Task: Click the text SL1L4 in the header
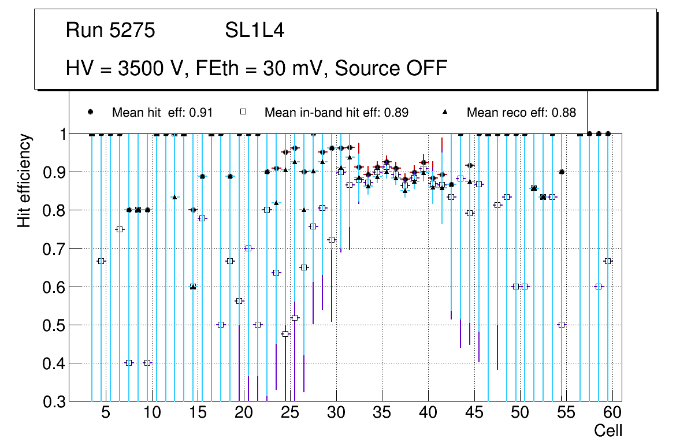click(254, 31)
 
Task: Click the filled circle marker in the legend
click(91, 112)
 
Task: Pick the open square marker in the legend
click(244, 112)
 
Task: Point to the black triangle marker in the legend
click(445, 112)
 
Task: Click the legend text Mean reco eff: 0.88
click(521, 113)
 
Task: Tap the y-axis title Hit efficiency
click(24, 181)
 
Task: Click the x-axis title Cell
click(608, 430)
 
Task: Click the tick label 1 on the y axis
click(60, 135)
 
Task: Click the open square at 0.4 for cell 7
click(129, 363)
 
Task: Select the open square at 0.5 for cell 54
click(562, 325)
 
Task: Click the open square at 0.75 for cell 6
click(120, 229)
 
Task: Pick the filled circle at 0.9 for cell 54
click(562, 172)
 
